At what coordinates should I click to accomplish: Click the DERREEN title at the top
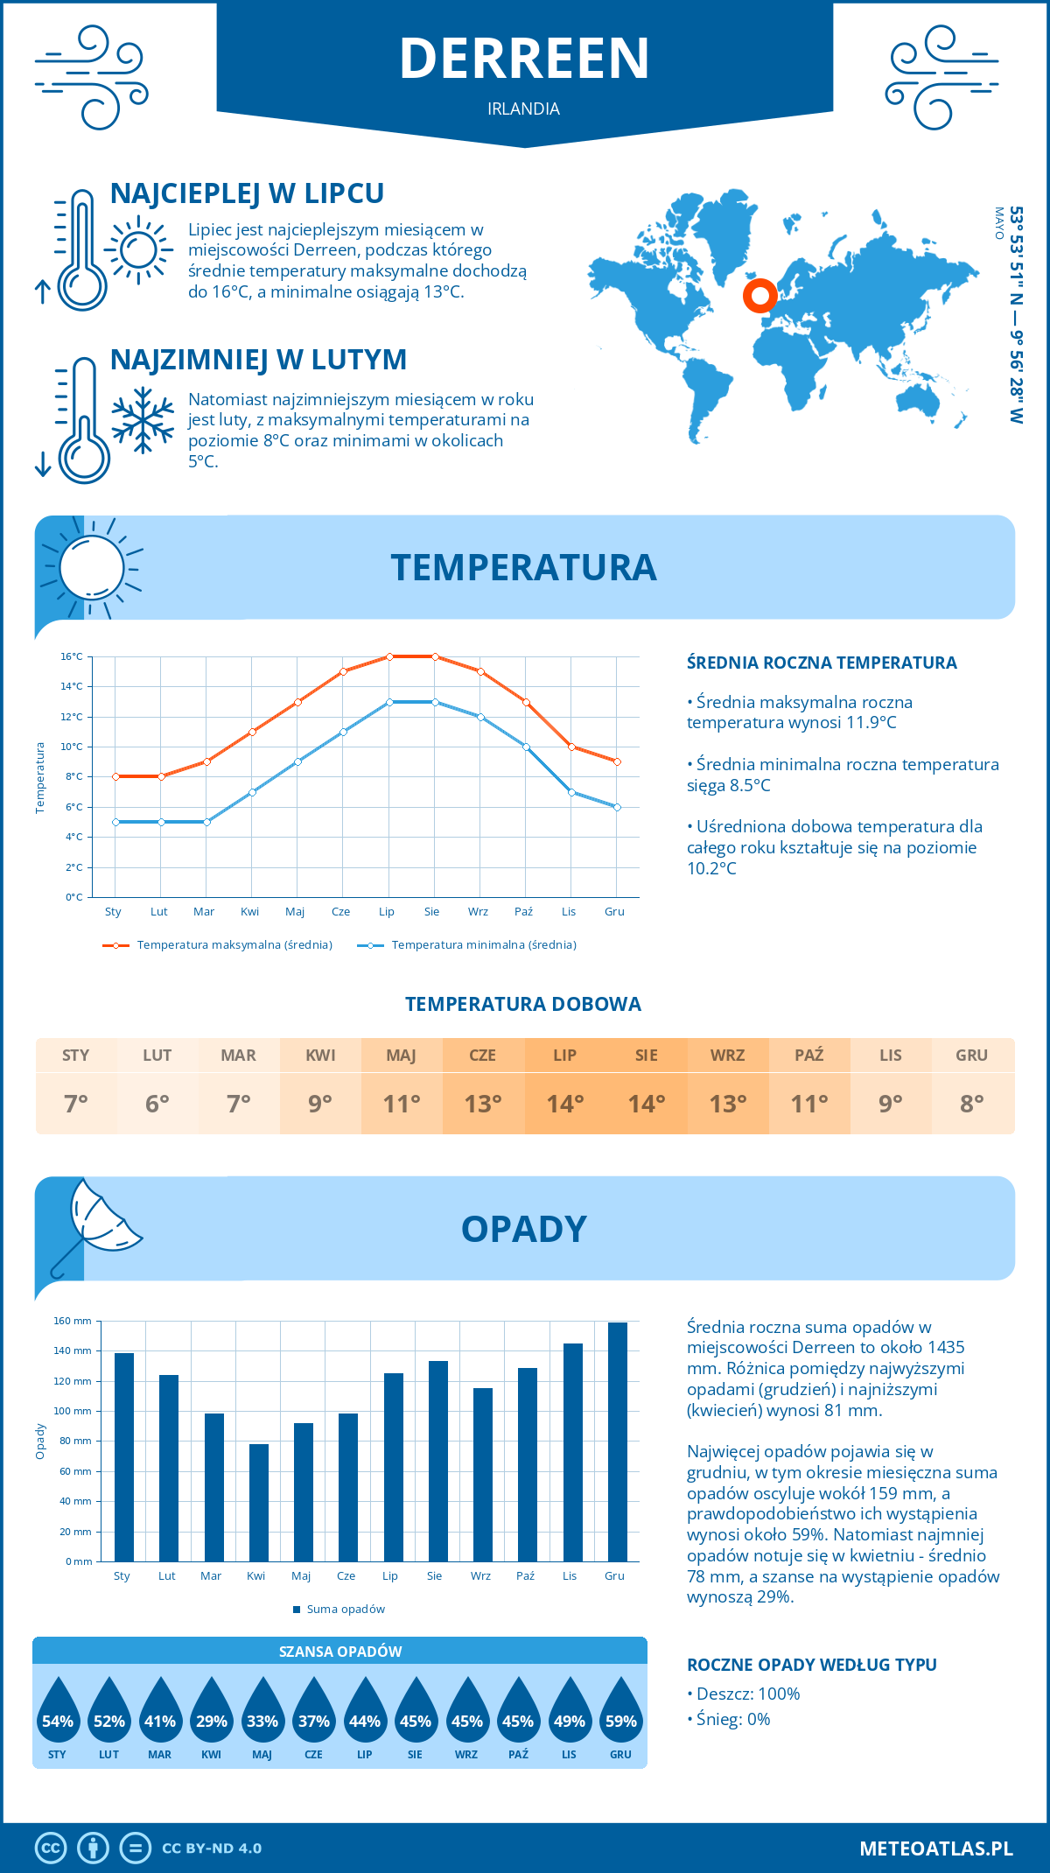(524, 59)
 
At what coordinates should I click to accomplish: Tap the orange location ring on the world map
(759, 296)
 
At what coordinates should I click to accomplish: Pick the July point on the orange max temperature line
(389, 656)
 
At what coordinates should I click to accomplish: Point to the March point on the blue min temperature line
(206, 822)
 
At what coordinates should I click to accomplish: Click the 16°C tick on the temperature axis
(73, 656)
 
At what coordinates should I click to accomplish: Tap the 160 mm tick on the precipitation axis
(73, 1321)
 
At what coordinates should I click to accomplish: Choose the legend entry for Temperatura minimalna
(468, 945)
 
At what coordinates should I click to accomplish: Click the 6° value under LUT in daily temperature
(157, 1104)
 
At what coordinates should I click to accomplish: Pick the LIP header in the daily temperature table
(564, 1056)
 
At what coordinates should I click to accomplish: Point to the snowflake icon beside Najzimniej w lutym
(143, 419)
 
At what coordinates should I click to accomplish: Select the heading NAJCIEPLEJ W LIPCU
(247, 193)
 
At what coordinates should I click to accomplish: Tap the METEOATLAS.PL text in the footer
(935, 1848)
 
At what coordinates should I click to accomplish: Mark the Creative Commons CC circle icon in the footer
(51, 1848)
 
